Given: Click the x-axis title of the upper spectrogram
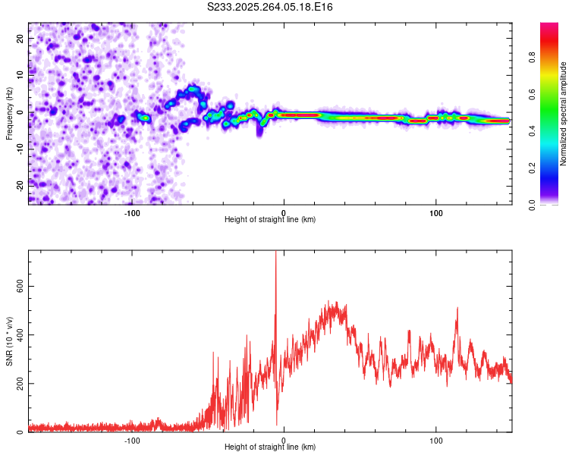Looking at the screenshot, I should click(270, 220).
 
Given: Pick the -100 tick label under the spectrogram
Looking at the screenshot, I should click(132, 213).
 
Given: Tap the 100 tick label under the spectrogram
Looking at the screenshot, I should click(436, 213).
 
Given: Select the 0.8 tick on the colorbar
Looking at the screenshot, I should click(552, 58).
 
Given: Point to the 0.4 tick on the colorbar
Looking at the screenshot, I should click(552, 132).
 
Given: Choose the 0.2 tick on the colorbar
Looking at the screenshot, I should click(552, 169).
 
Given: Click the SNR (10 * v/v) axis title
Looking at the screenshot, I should click(9, 341).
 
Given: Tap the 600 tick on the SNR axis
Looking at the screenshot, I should click(18, 286).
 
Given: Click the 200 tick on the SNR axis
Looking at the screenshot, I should click(18, 384).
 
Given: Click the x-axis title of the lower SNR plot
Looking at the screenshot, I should click(270, 447).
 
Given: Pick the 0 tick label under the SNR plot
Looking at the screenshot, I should click(284, 441).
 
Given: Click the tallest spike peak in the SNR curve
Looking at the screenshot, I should click(275, 253).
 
